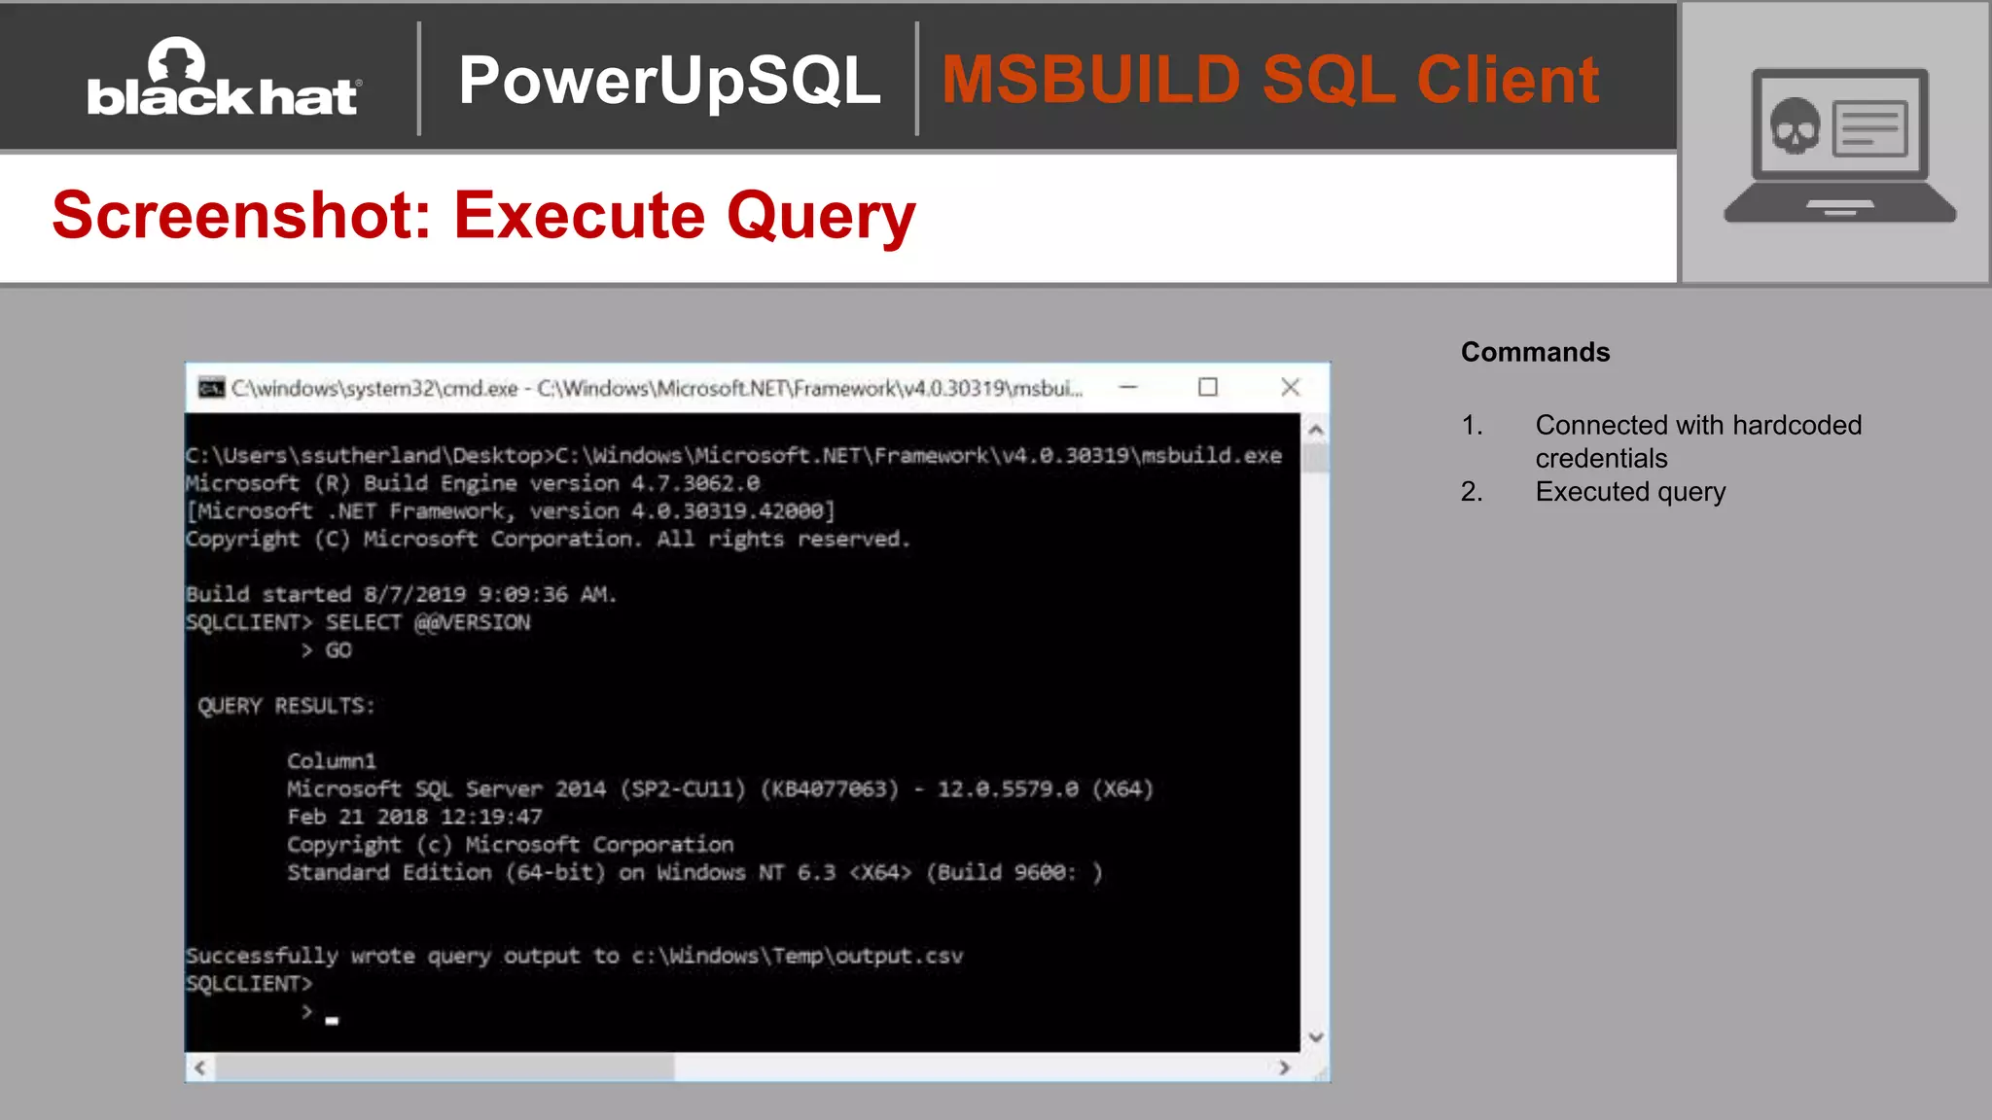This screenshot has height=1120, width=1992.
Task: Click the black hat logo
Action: [x=224, y=80]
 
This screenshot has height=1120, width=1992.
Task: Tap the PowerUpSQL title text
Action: [x=669, y=80]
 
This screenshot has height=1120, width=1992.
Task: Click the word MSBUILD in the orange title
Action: [x=1089, y=80]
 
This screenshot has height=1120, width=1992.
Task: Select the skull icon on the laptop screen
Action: [x=1794, y=127]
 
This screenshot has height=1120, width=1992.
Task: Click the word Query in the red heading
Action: [x=821, y=216]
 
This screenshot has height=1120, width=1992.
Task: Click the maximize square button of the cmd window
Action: [x=1208, y=388]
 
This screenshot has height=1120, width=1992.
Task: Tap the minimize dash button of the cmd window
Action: [x=1128, y=388]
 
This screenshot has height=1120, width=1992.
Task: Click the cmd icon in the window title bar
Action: [x=211, y=388]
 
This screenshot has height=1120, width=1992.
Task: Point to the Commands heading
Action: [x=1535, y=352]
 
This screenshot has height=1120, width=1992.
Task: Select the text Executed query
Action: [x=1630, y=492]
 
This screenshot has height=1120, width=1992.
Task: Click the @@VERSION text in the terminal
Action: [x=473, y=622]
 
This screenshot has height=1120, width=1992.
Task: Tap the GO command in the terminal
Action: [x=338, y=650]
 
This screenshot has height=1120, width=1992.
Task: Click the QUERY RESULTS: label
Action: [x=286, y=706]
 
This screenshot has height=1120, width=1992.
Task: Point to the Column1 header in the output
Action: [x=331, y=761]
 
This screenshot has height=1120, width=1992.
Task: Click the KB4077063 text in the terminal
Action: [x=830, y=789]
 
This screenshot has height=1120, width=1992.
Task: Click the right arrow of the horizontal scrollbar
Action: [x=1285, y=1067]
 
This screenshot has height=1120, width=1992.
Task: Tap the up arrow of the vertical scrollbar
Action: [x=1316, y=430]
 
